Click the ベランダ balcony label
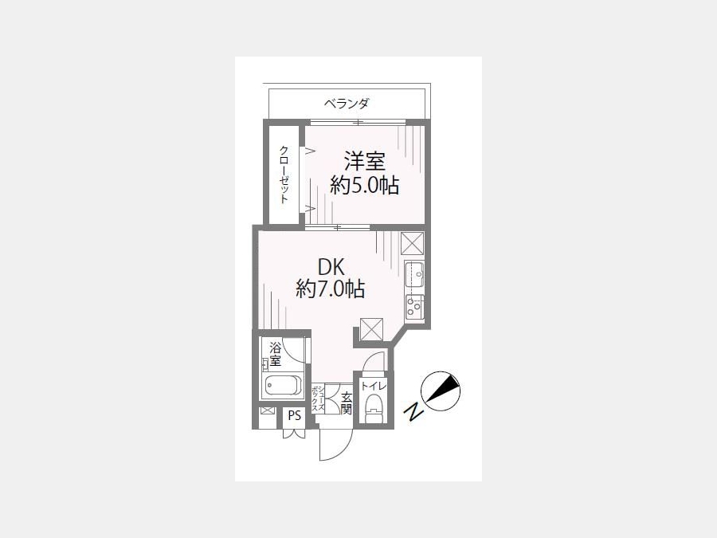click(347, 104)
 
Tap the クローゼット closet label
click(284, 174)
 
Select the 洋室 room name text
click(364, 161)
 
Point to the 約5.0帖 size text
click(364, 185)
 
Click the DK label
click(331, 266)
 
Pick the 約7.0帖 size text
click(330, 289)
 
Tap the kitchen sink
click(414, 274)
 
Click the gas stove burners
click(414, 307)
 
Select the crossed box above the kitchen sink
click(413, 243)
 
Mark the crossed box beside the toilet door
click(371, 329)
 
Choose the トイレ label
click(374, 386)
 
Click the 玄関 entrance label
click(347, 403)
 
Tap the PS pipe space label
click(295, 416)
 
